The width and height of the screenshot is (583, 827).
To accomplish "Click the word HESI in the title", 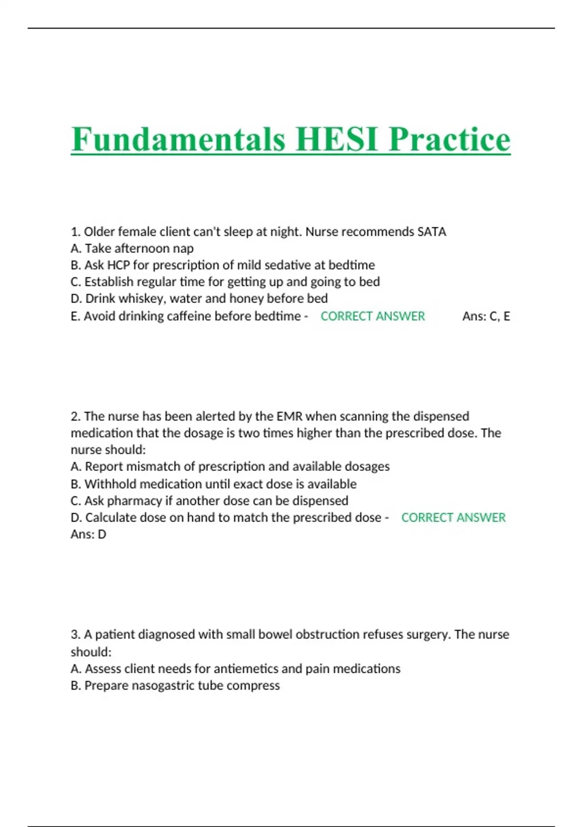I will (x=337, y=140).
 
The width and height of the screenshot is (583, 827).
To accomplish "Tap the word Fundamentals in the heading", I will (x=178, y=140).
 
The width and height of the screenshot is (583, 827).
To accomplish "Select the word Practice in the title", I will (x=449, y=140).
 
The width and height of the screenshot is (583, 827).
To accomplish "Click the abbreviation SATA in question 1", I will (x=431, y=232).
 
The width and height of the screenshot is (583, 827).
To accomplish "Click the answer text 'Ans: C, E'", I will (x=486, y=316).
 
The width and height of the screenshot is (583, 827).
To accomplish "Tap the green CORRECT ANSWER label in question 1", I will (x=373, y=316).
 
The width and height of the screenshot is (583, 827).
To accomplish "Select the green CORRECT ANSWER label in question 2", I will (x=453, y=517).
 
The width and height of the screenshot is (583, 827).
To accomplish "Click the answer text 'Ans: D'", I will (x=88, y=534).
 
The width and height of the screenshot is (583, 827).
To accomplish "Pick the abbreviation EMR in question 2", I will (x=290, y=416).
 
